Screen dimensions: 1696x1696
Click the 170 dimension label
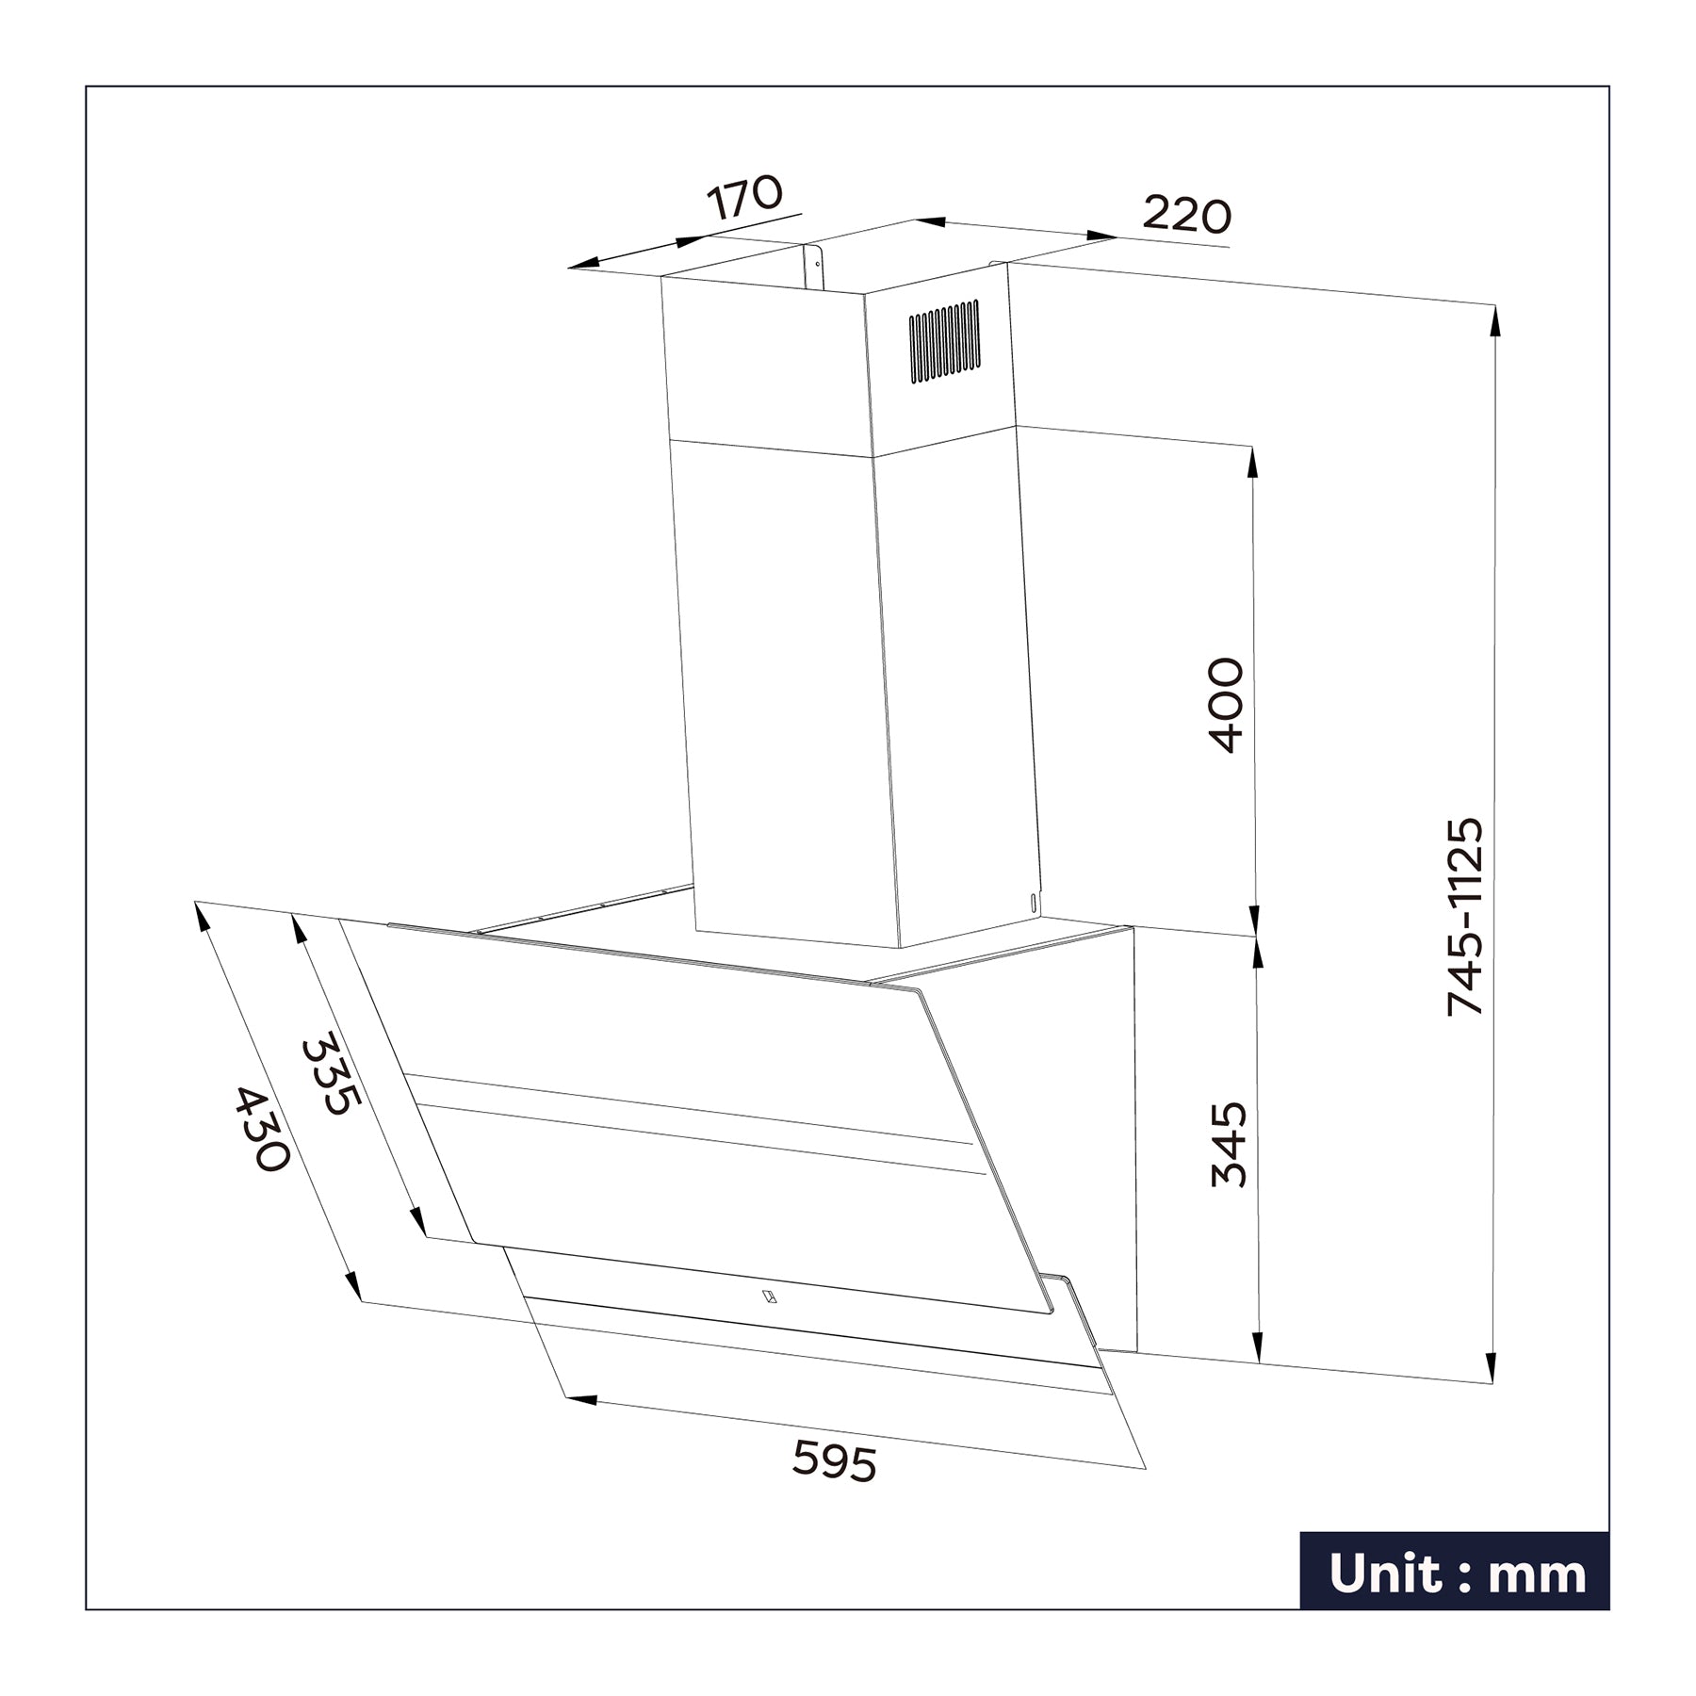[744, 197]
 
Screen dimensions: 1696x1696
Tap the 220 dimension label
[1186, 216]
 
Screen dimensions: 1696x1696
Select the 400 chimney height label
[1226, 705]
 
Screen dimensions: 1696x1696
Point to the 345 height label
[1230, 1144]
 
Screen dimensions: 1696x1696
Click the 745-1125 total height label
[1465, 917]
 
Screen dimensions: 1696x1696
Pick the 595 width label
[834, 1461]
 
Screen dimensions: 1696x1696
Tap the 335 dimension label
[331, 1075]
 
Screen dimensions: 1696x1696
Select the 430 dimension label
[261, 1130]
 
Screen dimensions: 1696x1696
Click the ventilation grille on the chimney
[944, 341]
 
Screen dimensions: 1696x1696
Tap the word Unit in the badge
[1384, 1574]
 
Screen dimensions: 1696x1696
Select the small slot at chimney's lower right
[1034, 903]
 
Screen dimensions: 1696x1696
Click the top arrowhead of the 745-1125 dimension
[1494, 320]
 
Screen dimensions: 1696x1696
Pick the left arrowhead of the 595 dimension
[579, 1399]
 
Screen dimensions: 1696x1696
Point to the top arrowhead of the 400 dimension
[1252, 461]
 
